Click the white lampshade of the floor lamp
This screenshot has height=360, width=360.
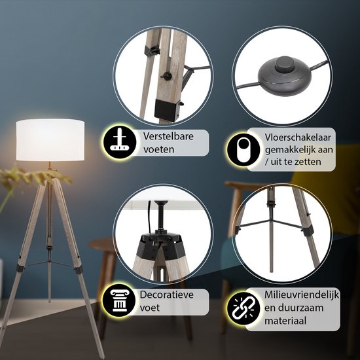(x=50, y=139)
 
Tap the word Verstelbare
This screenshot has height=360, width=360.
(x=168, y=136)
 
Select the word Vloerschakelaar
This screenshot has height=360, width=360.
(x=298, y=137)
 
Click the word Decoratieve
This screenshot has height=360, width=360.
(x=167, y=295)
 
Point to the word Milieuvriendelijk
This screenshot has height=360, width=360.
(x=302, y=295)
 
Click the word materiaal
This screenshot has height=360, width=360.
(x=285, y=321)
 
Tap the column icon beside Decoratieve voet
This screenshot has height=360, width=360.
(x=119, y=300)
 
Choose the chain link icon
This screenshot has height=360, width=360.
(x=243, y=308)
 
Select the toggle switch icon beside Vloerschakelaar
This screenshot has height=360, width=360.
(x=243, y=150)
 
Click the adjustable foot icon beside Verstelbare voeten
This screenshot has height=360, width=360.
(x=120, y=142)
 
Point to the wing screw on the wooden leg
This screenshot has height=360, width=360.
(x=166, y=75)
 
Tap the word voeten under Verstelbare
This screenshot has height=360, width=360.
(x=159, y=150)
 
